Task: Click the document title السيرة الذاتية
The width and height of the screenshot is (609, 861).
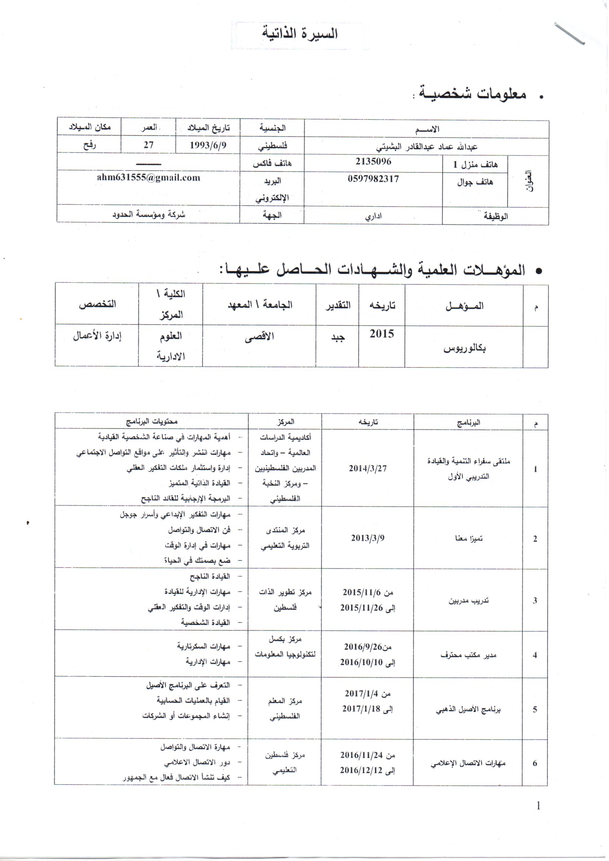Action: (x=300, y=34)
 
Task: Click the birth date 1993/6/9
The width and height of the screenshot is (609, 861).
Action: (x=208, y=145)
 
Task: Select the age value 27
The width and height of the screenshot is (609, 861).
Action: (x=148, y=145)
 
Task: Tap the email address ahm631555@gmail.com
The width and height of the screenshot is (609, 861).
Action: (x=148, y=178)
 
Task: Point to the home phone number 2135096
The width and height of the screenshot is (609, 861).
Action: (x=373, y=162)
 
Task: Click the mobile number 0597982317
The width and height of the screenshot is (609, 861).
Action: (x=373, y=179)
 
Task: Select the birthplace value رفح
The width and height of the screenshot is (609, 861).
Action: (x=89, y=145)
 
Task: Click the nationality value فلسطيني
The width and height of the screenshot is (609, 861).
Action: (x=272, y=146)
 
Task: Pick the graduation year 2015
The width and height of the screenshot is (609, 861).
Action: (x=382, y=334)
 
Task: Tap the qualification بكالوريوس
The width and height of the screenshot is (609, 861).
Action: (x=465, y=348)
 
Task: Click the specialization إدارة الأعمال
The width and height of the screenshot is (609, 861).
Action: (x=97, y=335)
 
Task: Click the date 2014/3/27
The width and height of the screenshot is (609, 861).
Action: (x=367, y=468)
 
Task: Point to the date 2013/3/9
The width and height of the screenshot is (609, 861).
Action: (x=367, y=538)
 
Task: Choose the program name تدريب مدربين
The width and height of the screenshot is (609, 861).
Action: (x=469, y=600)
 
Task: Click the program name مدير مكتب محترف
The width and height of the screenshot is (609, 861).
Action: (x=468, y=655)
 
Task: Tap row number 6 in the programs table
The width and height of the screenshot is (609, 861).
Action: (x=535, y=763)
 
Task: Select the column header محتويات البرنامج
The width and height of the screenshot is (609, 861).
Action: (x=152, y=422)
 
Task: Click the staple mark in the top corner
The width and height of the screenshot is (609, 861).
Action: (x=569, y=34)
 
